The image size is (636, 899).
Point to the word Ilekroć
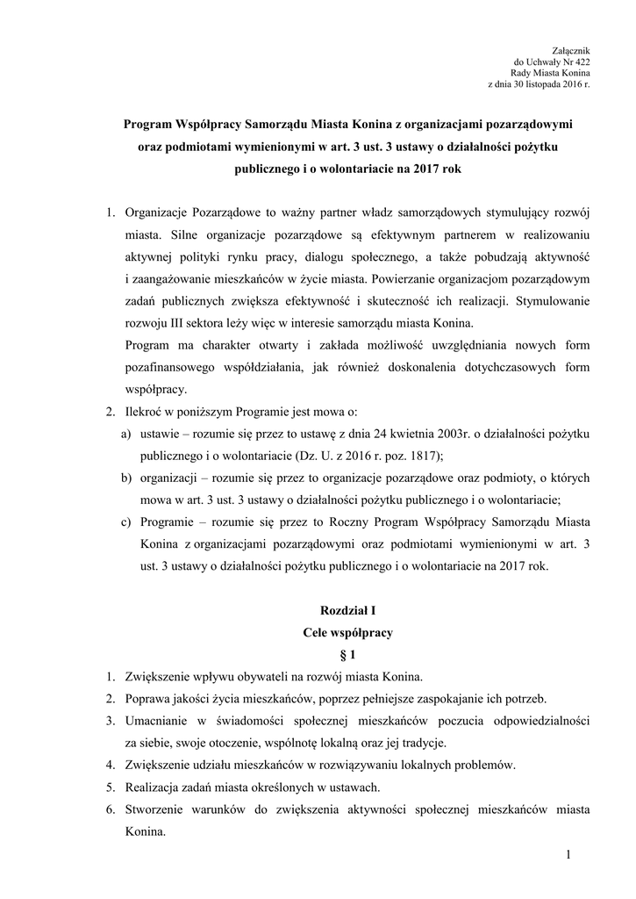pyautogui.click(x=146, y=412)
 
